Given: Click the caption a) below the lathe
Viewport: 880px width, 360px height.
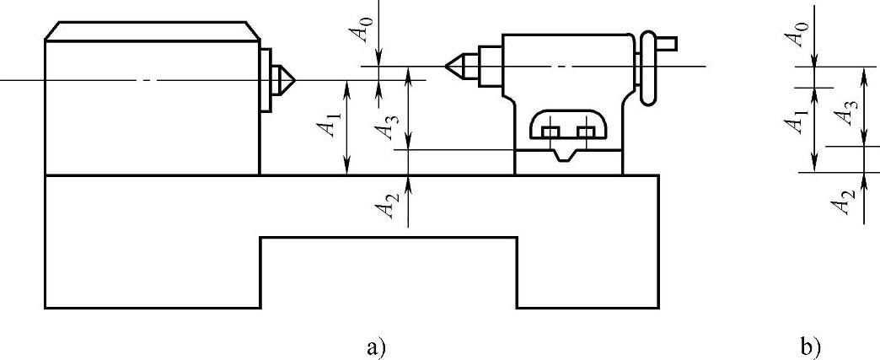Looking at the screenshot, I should [x=376, y=346].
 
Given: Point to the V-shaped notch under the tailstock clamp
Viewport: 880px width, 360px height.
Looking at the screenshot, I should [x=566, y=154].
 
